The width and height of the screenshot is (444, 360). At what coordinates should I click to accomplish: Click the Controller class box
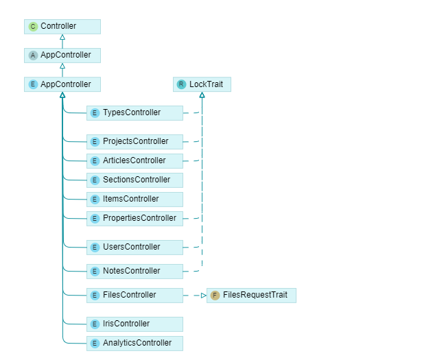pyautogui.click(x=62, y=27)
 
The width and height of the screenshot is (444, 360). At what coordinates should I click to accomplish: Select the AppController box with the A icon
pyautogui.click(x=62, y=56)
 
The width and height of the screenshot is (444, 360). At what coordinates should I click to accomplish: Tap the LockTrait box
pyautogui.click(x=202, y=84)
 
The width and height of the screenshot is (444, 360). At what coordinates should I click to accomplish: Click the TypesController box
pyautogui.click(x=135, y=113)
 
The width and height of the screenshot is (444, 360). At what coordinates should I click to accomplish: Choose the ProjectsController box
pyautogui.click(x=135, y=142)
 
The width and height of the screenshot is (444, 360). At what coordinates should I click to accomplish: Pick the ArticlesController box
pyautogui.click(x=135, y=161)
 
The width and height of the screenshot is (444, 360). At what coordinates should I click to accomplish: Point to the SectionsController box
pyautogui.click(x=135, y=180)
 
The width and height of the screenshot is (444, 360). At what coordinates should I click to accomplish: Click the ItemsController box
pyautogui.click(x=135, y=200)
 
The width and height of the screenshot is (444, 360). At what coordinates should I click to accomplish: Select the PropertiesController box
pyautogui.click(x=135, y=219)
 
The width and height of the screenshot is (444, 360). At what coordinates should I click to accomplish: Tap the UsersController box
pyautogui.click(x=135, y=248)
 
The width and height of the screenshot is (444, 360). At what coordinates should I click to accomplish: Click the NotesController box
pyautogui.click(x=135, y=272)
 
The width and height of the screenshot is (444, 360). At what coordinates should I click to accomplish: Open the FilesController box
pyautogui.click(x=135, y=296)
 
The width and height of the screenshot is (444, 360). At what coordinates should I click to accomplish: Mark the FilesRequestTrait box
pyautogui.click(x=251, y=296)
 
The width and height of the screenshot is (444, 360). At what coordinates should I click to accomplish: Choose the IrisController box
pyautogui.click(x=135, y=324)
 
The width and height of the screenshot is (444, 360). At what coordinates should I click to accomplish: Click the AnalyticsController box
pyautogui.click(x=135, y=343)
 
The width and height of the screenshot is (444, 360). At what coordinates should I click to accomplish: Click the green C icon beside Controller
pyautogui.click(x=33, y=27)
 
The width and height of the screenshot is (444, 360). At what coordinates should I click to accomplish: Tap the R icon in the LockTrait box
pyautogui.click(x=181, y=84)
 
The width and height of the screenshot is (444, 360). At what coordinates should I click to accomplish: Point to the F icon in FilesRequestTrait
pyautogui.click(x=215, y=296)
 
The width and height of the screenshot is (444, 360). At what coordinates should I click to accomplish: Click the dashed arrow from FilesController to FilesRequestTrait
pyautogui.click(x=194, y=296)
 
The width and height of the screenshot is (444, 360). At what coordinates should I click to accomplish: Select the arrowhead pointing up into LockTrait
pyautogui.click(x=202, y=95)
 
